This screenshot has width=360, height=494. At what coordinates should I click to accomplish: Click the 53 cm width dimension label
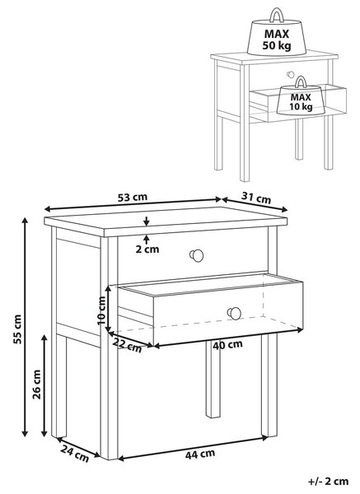[x=133, y=198]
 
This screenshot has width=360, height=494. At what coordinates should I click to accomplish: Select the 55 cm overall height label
[x=17, y=329]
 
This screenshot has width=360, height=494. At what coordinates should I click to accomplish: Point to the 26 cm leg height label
[x=37, y=384]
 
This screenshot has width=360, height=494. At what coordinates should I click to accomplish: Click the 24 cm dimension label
[x=75, y=454]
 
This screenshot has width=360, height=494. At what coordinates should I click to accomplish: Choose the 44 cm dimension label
[x=200, y=454]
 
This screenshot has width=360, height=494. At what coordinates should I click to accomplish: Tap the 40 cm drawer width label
[x=227, y=345]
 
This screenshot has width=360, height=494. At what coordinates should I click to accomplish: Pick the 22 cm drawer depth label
[x=128, y=345]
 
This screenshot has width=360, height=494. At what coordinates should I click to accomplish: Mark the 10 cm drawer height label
[x=101, y=310]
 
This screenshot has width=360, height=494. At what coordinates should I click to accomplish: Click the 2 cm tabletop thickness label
[x=147, y=249]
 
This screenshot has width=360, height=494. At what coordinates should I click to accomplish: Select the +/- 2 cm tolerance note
[x=328, y=481]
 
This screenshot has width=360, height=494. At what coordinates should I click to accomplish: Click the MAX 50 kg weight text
[x=277, y=40]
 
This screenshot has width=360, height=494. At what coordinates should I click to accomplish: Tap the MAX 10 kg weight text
[x=301, y=102]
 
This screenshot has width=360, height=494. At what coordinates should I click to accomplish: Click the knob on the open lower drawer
[x=234, y=313]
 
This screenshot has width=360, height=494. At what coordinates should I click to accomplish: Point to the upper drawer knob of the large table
[x=196, y=255]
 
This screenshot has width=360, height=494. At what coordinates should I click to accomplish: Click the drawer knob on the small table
[x=290, y=75]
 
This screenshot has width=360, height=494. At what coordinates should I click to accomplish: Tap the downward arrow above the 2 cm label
[x=147, y=221]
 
